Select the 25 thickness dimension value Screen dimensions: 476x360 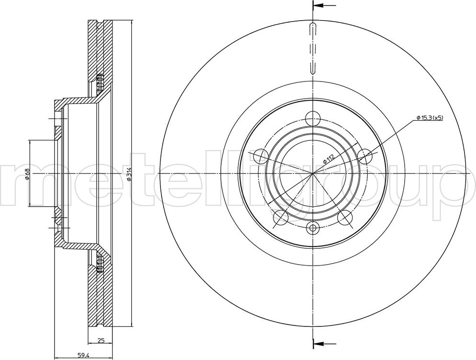(101, 340)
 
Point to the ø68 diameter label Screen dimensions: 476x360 (27, 174)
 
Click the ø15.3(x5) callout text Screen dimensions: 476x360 (430, 117)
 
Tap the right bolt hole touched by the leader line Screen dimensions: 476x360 (365, 156)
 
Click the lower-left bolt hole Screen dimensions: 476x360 (281, 218)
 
